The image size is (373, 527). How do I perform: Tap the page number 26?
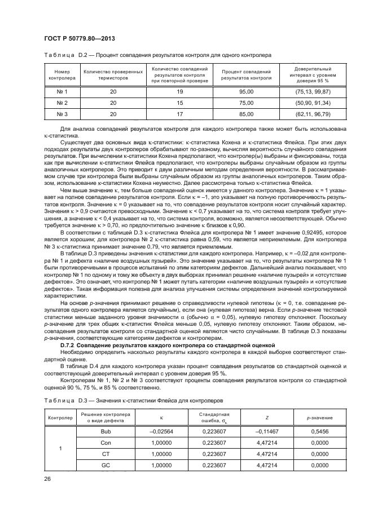coord(47,479)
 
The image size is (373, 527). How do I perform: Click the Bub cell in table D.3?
coord(105,431)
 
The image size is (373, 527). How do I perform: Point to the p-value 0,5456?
coord(319,431)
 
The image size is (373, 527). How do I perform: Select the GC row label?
coord(105,465)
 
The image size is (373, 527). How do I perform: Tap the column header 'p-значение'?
coord(319,418)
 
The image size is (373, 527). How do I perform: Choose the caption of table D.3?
coord(133,400)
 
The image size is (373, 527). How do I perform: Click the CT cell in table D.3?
coord(105,454)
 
